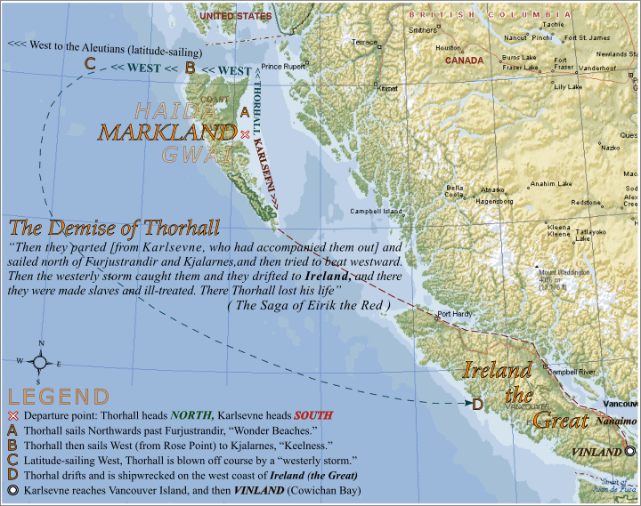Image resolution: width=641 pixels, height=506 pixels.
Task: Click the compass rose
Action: [40, 361]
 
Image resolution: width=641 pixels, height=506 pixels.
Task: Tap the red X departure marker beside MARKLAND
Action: [246, 134]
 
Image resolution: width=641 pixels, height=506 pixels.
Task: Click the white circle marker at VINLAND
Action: [630, 452]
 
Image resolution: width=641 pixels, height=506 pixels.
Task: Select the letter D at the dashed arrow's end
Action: [477, 405]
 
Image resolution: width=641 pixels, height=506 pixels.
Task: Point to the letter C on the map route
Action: [89, 63]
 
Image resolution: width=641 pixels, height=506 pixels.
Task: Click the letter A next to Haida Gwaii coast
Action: [245, 112]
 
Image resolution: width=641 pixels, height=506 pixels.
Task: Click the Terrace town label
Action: [365, 42]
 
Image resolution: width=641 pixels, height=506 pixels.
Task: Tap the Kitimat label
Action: [388, 89]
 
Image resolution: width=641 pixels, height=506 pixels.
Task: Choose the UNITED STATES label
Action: [235, 16]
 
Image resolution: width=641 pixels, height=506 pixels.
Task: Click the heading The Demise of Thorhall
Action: [114, 227]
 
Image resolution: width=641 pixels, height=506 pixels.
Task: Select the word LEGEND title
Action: [59, 397]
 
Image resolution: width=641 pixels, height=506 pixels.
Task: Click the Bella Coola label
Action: [455, 192]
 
